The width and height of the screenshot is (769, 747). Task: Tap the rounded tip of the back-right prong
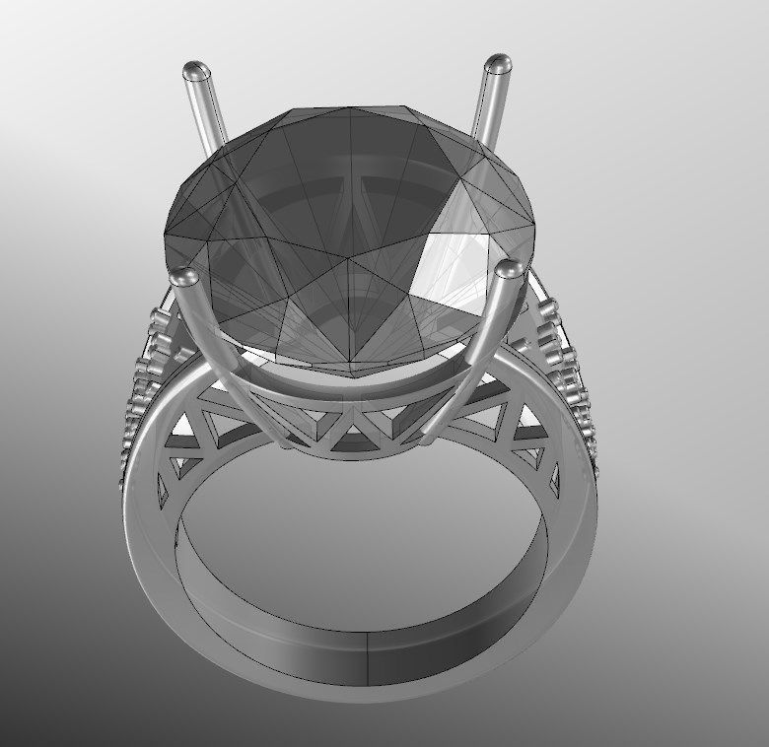pos(498,64)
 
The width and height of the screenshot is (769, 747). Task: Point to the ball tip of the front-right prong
pos(509,268)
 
